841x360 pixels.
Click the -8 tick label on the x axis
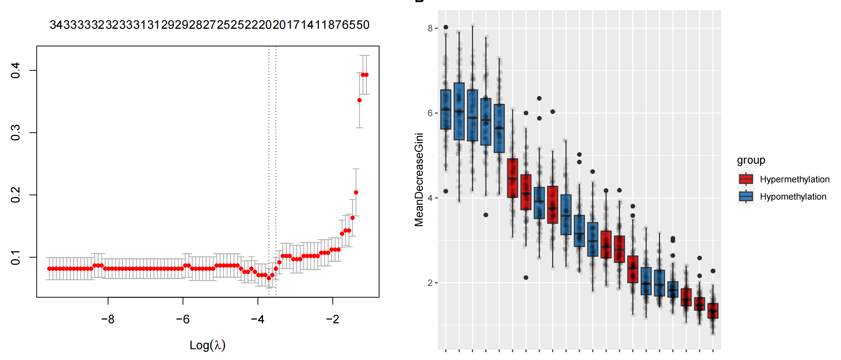pyautogui.click(x=108, y=319)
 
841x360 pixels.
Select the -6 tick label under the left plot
pyautogui.click(x=183, y=319)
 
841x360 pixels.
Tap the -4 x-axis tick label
pyautogui.click(x=258, y=319)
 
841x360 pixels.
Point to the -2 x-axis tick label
pyautogui.click(x=332, y=319)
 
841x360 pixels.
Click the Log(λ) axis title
pyautogui.click(x=208, y=345)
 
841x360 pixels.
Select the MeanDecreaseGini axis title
pyautogui.click(x=419, y=180)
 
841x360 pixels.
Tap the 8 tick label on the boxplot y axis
pyautogui.click(x=430, y=28)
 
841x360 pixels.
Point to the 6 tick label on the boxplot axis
pyautogui.click(x=430, y=113)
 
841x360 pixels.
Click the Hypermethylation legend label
pyautogui.click(x=795, y=179)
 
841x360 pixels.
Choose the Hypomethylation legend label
pyautogui.click(x=793, y=197)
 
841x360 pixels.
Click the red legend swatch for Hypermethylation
pyautogui.click(x=746, y=179)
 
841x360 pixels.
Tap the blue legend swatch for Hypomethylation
pyautogui.click(x=746, y=196)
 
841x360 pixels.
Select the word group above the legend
pyautogui.click(x=751, y=160)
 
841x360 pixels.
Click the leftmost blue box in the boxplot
pyautogui.click(x=446, y=109)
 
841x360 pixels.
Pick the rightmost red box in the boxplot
pyautogui.click(x=713, y=311)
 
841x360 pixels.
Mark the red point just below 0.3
pyautogui.click(x=359, y=100)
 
